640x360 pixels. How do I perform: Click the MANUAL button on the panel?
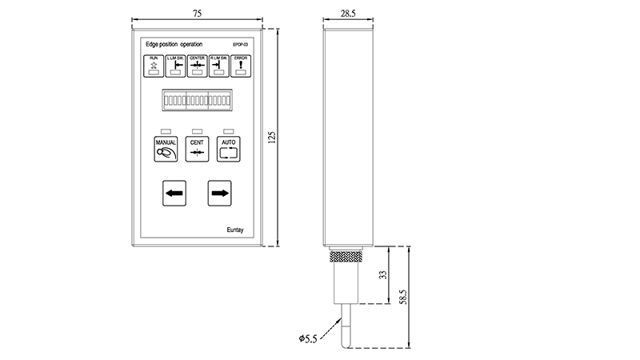pos(166,149)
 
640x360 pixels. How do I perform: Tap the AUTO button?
pos(229,149)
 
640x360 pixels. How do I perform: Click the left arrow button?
pos(174,193)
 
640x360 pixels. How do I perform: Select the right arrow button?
pos(220,193)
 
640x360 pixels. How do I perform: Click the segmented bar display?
pos(198,102)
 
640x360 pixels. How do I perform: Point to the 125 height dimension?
pos(272,138)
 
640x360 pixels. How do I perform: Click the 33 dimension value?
pos(383,274)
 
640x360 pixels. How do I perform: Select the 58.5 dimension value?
pos(403,297)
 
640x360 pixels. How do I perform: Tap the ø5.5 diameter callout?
pos(308,339)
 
